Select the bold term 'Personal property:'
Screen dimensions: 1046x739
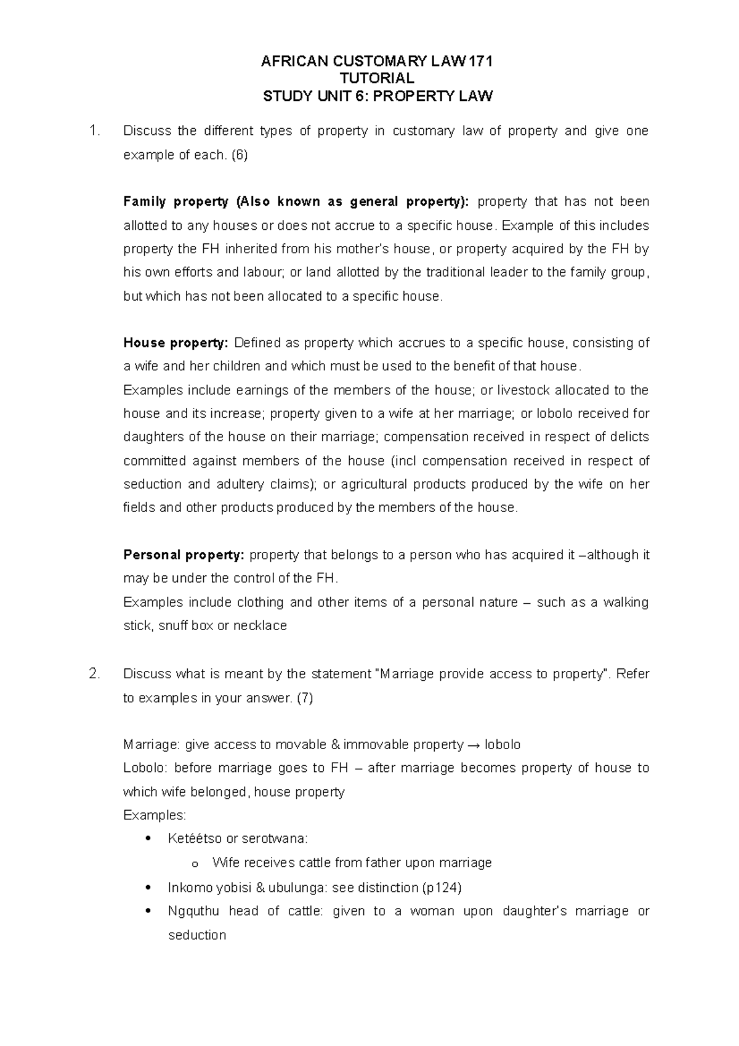(x=184, y=555)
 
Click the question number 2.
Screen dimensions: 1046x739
(x=94, y=674)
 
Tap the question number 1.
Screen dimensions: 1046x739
(x=94, y=131)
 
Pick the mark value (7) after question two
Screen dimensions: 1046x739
(x=304, y=699)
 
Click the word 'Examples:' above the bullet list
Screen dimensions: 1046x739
(x=155, y=816)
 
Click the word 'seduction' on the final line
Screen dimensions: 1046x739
(x=197, y=935)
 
